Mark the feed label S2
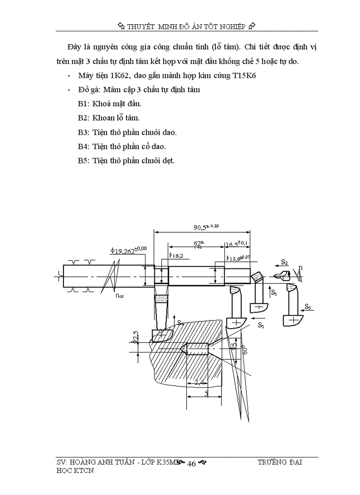[x=284, y=262]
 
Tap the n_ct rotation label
[x=120, y=296]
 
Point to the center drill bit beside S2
[x=281, y=276]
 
